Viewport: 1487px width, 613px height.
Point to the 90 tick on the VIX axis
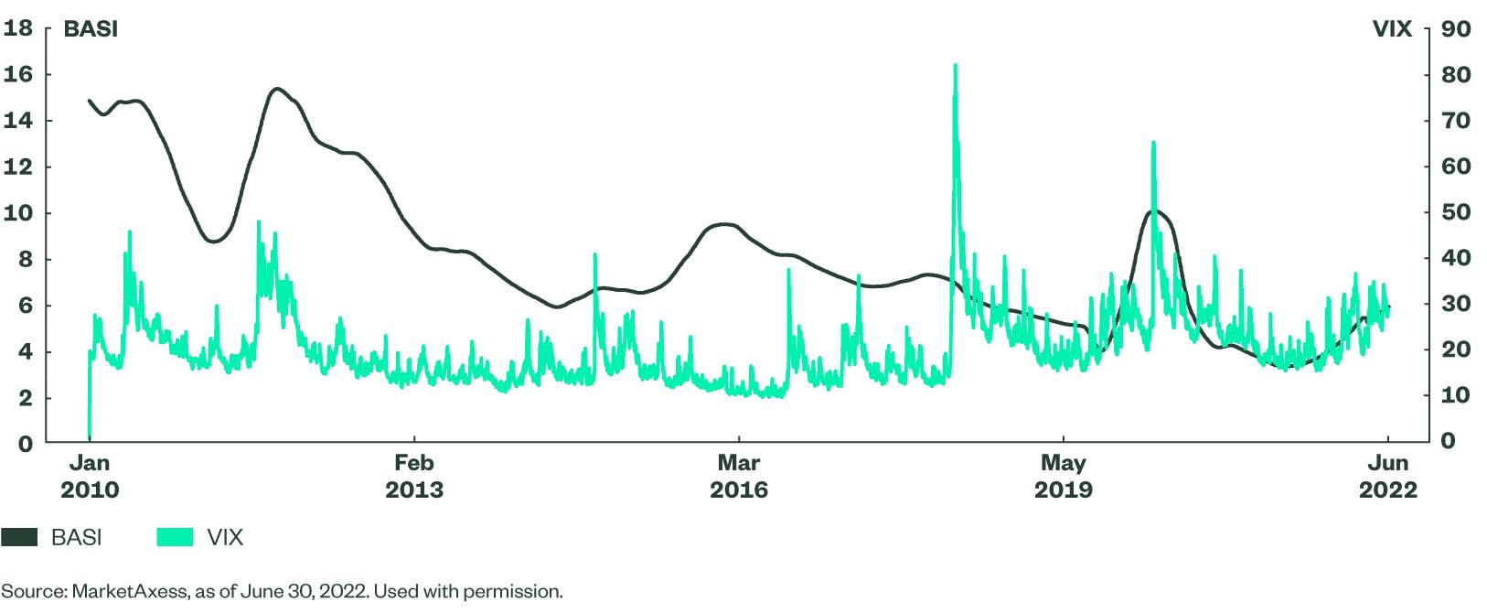(x=1456, y=28)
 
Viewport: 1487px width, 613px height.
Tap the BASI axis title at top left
(x=91, y=29)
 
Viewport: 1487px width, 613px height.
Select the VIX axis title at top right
(x=1392, y=29)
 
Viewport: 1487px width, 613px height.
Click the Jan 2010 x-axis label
(x=90, y=477)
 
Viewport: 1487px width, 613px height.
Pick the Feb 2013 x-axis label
(x=414, y=477)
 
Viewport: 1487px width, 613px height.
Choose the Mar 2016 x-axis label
(x=739, y=477)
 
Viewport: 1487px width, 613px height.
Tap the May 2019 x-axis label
(x=1064, y=477)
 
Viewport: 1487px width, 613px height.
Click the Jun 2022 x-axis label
(x=1388, y=477)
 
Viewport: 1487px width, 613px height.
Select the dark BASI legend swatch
(x=19, y=537)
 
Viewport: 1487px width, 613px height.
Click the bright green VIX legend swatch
(x=175, y=537)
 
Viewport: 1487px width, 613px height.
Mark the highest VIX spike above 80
(x=955, y=65)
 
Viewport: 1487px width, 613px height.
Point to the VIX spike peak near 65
(x=1153, y=143)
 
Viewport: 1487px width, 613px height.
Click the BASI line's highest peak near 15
(x=277, y=89)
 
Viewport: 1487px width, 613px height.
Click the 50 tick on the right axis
(x=1456, y=212)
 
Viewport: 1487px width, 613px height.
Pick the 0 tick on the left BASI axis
(x=25, y=444)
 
